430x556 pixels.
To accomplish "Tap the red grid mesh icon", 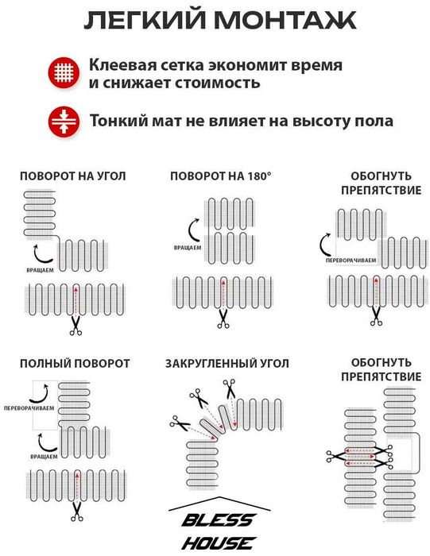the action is pyautogui.click(x=64, y=73).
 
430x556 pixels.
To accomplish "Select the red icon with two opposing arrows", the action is pyautogui.click(x=64, y=122).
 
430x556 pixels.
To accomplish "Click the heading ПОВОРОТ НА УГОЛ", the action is pyautogui.click(x=73, y=176).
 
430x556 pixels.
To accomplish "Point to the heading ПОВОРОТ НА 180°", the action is pyautogui.click(x=221, y=176).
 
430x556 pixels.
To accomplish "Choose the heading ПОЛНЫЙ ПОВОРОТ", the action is pyautogui.click(x=75, y=364).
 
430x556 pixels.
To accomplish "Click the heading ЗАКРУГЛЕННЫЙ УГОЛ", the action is pyautogui.click(x=227, y=364).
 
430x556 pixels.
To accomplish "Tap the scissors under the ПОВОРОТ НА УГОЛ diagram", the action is pyautogui.click(x=76, y=326).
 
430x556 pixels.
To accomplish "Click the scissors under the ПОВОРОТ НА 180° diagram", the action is pyautogui.click(x=223, y=319).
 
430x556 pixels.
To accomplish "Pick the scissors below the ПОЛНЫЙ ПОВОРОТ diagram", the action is pyautogui.click(x=76, y=512).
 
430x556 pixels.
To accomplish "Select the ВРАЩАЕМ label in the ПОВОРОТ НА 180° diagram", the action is pyautogui.click(x=188, y=248).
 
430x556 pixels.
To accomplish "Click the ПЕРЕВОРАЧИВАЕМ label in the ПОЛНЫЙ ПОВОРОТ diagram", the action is pyautogui.click(x=29, y=408).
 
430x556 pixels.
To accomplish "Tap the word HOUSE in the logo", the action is pyautogui.click(x=219, y=542).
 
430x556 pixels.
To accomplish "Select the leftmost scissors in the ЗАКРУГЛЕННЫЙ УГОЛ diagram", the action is pyautogui.click(x=180, y=423).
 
